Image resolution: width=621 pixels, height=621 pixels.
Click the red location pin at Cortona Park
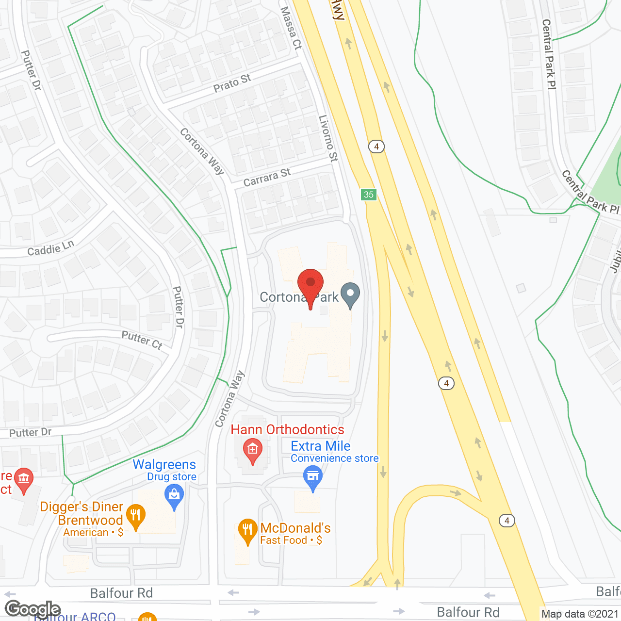310,284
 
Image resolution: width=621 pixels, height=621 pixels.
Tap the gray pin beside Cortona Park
350,294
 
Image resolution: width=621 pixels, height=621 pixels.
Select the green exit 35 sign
369,195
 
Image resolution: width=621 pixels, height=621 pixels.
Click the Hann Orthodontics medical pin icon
253,450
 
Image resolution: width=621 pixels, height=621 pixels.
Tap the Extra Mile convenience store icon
313,477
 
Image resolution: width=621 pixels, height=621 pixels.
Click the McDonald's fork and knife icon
247,531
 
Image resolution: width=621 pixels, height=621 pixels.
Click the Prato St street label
232,83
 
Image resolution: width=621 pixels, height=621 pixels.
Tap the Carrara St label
267,178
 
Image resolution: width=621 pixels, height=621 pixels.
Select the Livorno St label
328,138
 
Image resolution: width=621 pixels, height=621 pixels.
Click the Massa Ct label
291,28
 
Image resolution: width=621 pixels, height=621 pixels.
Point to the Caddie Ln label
51,248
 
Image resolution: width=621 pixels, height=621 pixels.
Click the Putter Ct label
142,340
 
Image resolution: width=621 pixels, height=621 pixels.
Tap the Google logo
33,609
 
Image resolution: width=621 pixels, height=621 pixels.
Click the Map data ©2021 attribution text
580,614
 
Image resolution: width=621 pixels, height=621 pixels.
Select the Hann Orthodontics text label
287,429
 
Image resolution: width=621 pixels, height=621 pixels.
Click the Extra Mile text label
321,446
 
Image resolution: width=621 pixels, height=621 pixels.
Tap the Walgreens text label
164,464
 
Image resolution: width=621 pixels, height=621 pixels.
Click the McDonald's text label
295,528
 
